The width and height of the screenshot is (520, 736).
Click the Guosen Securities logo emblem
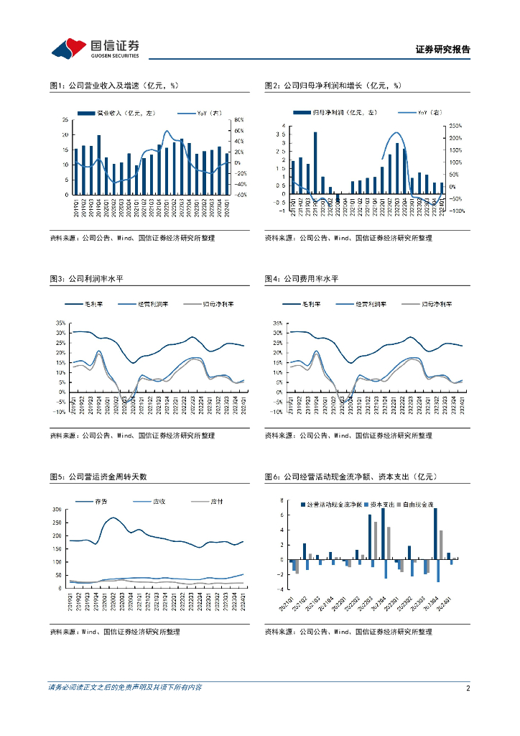tap(69, 48)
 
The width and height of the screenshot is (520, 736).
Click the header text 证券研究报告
tap(443, 50)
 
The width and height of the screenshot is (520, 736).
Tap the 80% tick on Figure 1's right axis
tap(240, 120)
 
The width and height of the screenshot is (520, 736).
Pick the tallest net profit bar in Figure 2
tap(315, 163)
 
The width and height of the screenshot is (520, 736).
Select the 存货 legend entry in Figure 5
tap(101, 501)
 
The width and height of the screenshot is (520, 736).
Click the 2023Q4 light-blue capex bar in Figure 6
tap(438, 571)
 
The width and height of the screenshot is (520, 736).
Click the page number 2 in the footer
tap(468, 688)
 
